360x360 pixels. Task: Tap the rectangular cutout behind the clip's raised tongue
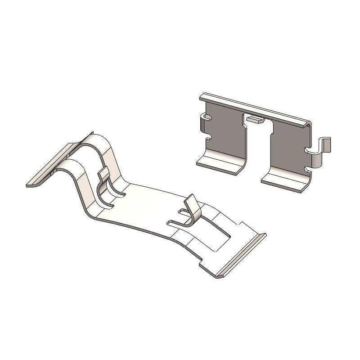[216, 234]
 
